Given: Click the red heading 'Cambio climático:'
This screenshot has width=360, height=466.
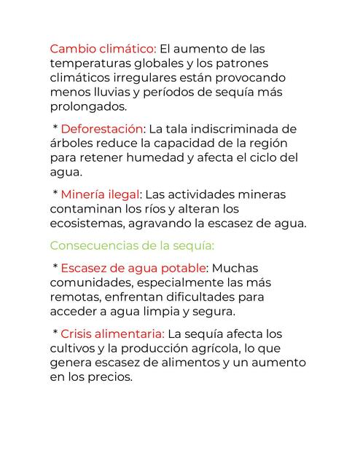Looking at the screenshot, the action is [103, 49].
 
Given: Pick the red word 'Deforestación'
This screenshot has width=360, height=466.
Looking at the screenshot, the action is [103, 129].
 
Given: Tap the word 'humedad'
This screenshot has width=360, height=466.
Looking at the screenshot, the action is [163, 158].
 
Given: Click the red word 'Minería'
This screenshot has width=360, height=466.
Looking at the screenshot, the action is [86, 194].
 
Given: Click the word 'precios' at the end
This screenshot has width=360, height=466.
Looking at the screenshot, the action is [111, 377].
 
